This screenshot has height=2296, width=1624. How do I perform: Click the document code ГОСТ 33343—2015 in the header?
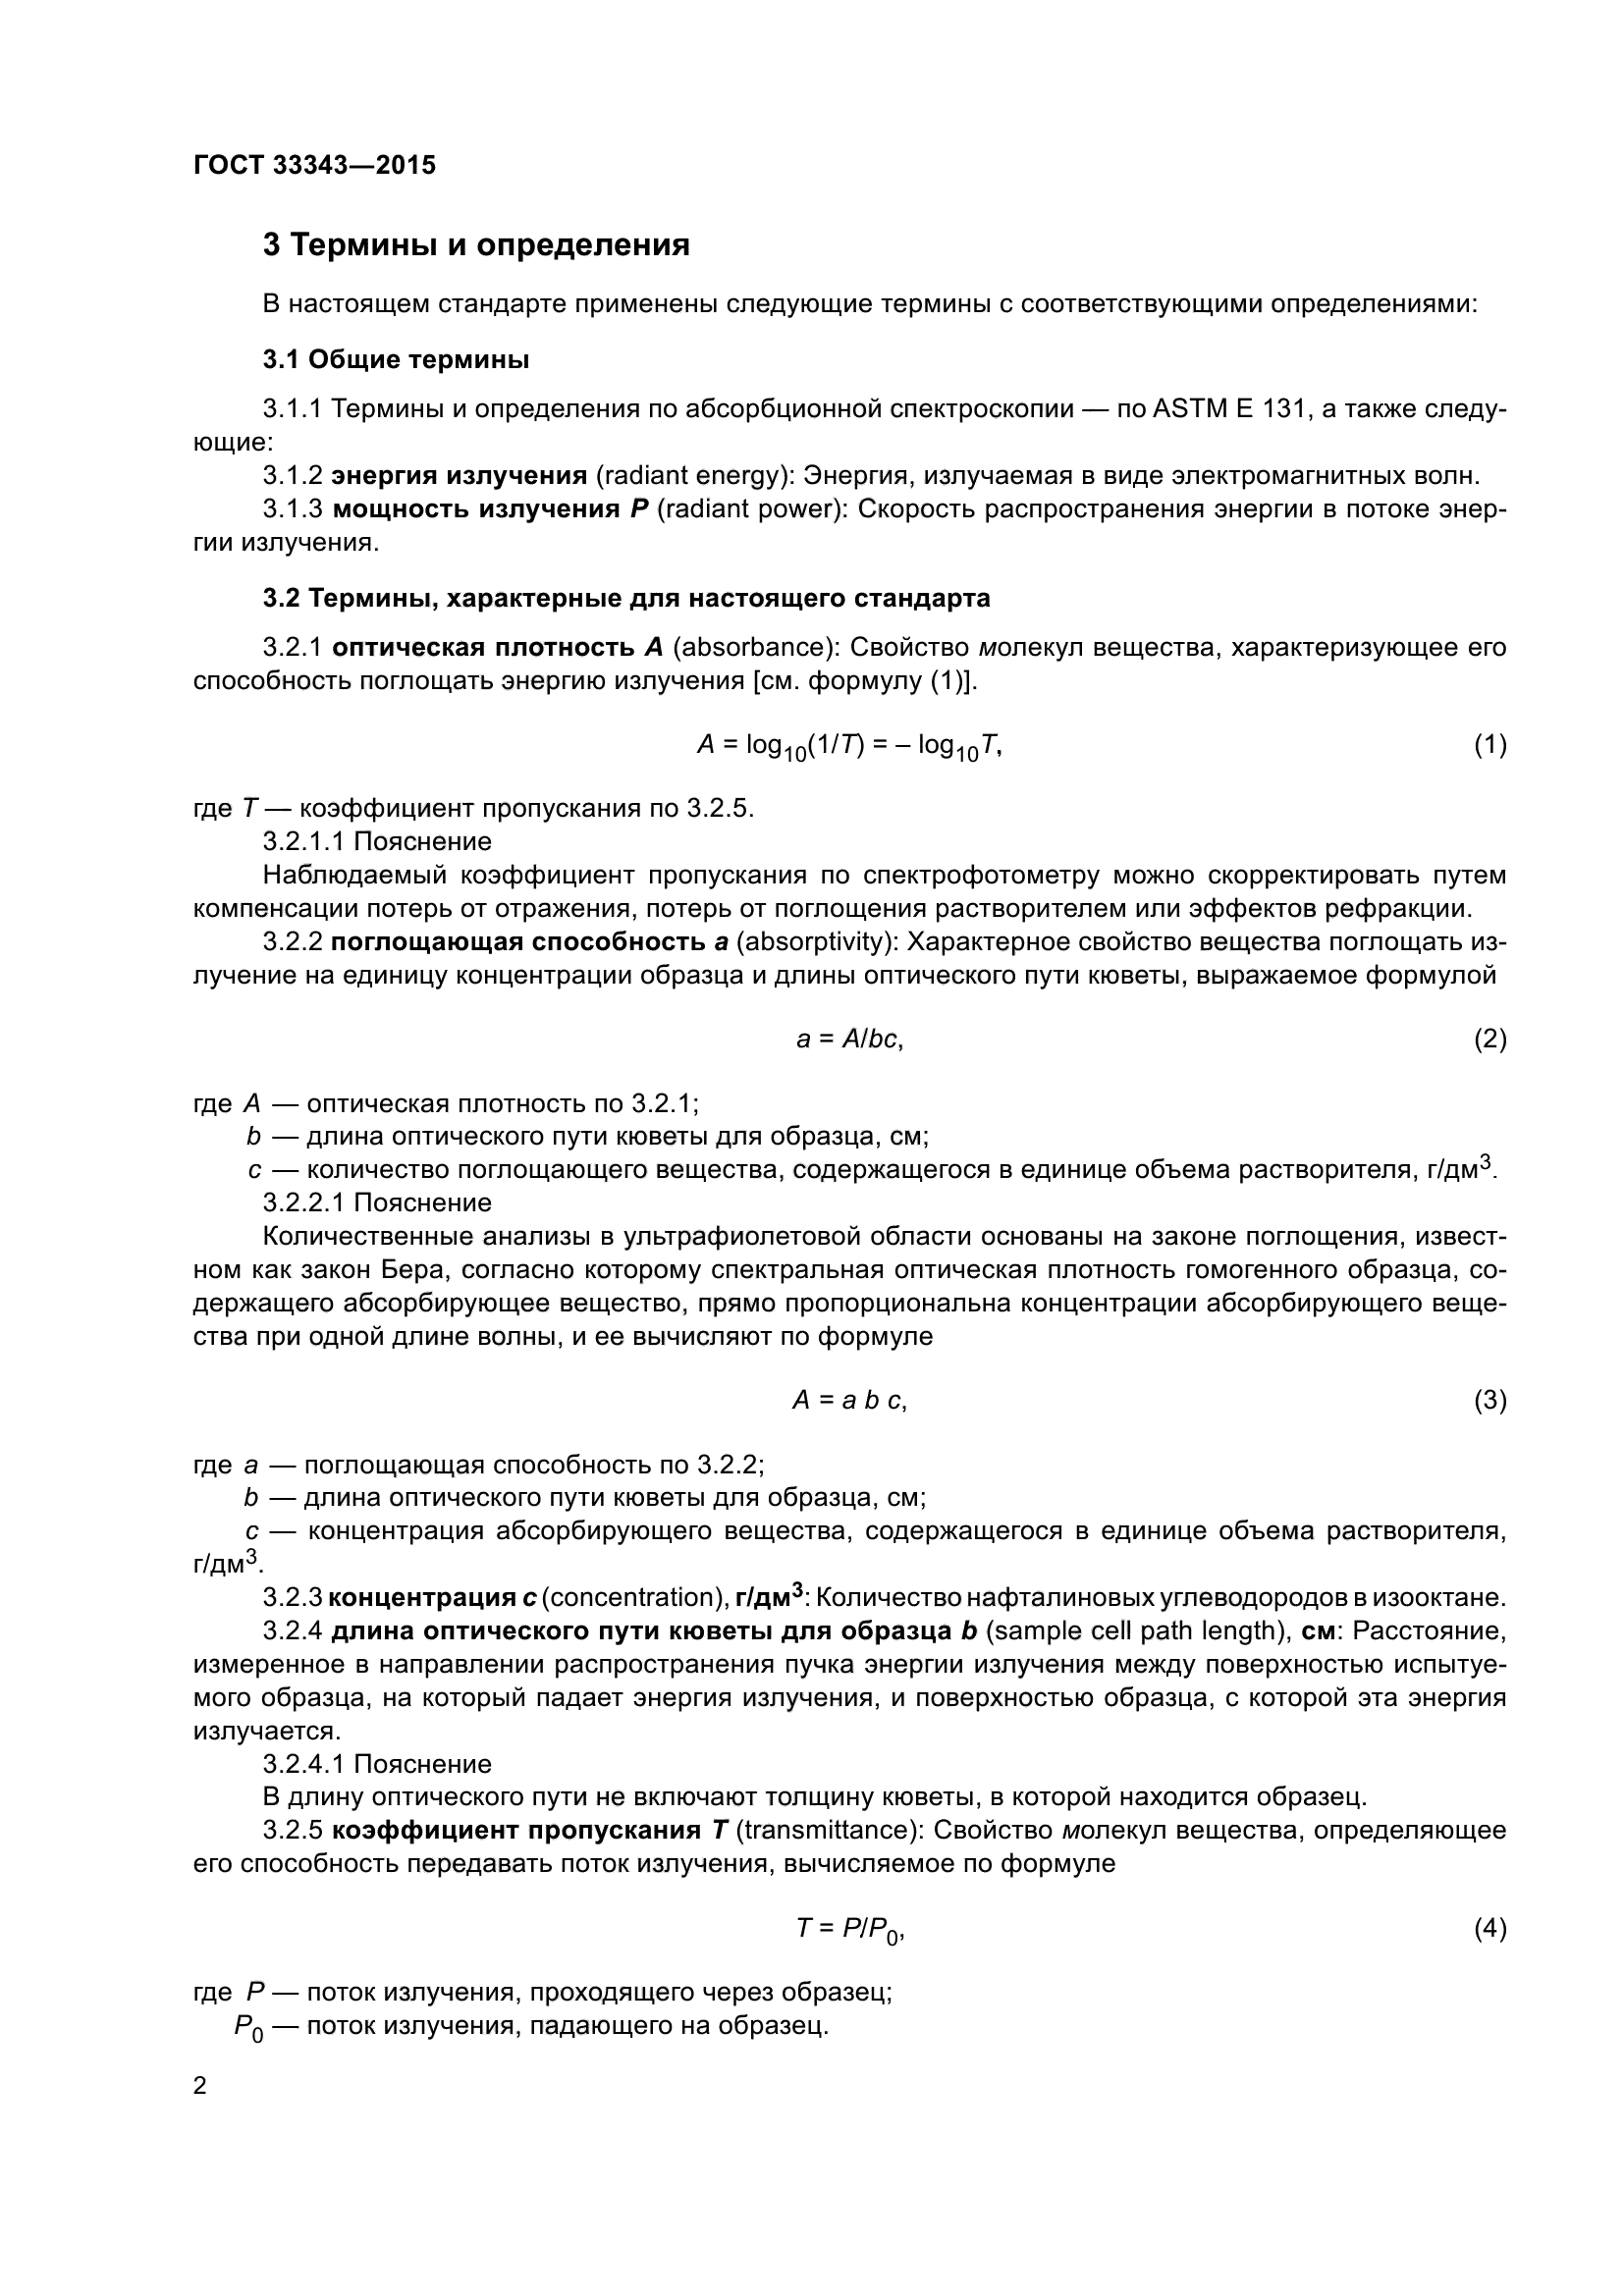314,166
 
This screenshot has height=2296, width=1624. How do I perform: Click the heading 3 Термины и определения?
476,245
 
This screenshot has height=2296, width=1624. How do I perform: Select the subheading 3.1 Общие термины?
396,360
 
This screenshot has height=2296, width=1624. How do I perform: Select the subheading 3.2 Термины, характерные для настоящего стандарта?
626,598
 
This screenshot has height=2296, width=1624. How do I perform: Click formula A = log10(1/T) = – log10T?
849,745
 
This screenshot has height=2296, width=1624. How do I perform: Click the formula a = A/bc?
849,1039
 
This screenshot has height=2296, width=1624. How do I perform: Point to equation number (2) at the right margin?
1490,1039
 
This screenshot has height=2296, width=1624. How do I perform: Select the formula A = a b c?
849,1400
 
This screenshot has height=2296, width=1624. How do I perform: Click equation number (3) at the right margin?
1490,1400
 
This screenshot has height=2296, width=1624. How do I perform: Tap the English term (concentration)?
634,1597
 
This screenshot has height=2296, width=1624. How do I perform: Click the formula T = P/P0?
849,1928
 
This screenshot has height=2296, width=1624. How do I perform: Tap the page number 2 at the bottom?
200,2086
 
